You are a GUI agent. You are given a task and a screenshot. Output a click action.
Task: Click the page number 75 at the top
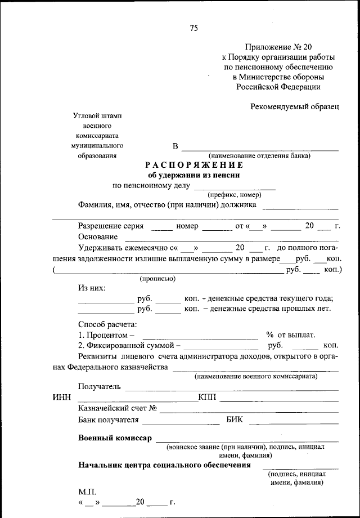(x=193, y=28)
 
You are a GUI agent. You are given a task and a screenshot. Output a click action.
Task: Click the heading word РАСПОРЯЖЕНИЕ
(x=194, y=165)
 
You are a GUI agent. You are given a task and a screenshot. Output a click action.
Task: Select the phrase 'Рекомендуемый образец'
(x=295, y=107)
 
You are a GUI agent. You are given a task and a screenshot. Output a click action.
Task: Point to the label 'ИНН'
(x=61, y=398)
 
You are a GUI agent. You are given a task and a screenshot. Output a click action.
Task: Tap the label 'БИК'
(x=236, y=419)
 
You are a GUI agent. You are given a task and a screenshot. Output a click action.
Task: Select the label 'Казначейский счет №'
(x=117, y=408)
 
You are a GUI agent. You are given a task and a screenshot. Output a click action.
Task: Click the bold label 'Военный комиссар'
(x=115, y=439)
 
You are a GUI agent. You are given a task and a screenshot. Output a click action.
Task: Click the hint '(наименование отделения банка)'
(x=259, y=155)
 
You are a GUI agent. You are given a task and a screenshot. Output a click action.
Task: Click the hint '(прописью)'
(x=157, y=279)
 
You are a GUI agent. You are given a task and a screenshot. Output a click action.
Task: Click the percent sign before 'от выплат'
(x=269, y=334)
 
